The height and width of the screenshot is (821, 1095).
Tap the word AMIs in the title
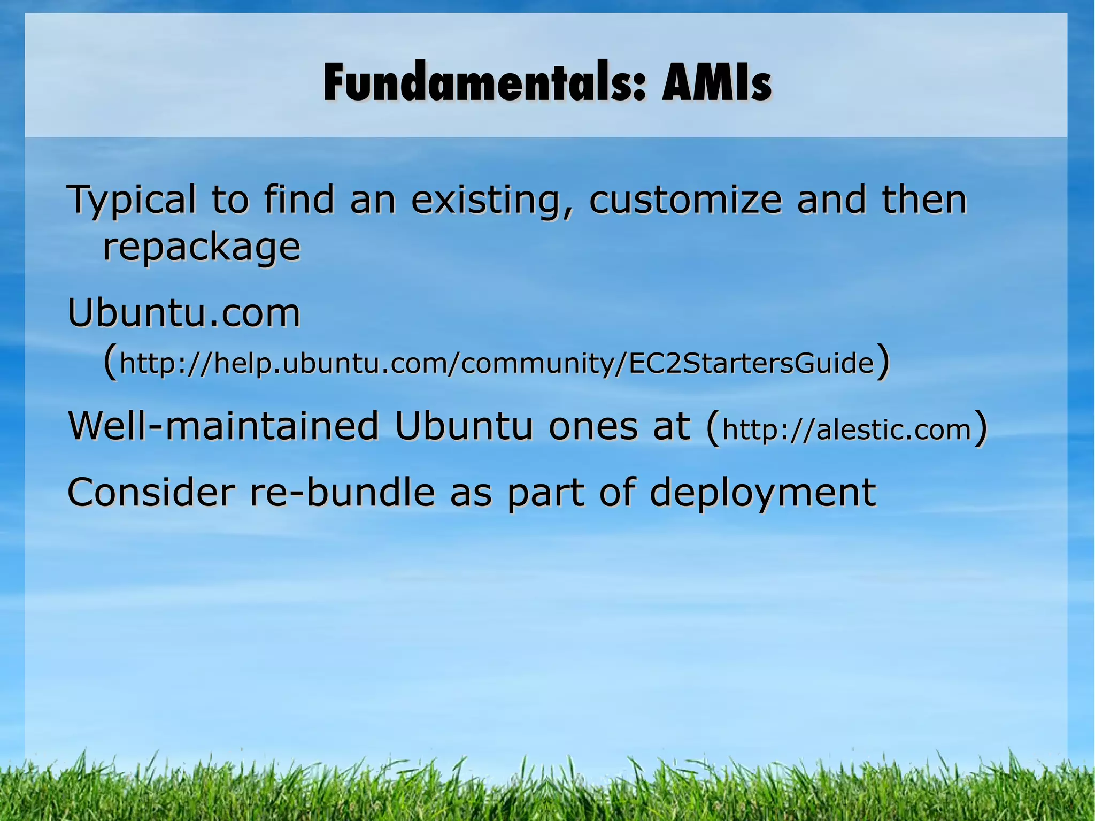716,83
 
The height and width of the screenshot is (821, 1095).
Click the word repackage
202,247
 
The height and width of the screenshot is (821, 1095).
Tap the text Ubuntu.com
184,313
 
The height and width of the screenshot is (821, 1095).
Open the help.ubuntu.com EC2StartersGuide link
497,364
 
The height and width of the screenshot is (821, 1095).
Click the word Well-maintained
223,426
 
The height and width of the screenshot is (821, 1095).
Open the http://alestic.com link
846,429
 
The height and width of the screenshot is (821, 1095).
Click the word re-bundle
342,492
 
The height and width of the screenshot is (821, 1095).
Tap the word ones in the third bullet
592,426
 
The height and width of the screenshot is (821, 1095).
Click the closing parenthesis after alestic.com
980,428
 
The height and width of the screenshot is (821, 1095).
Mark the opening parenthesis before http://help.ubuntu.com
110,362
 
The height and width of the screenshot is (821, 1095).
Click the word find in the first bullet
299,200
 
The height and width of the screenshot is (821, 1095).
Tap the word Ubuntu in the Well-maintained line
464,426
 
